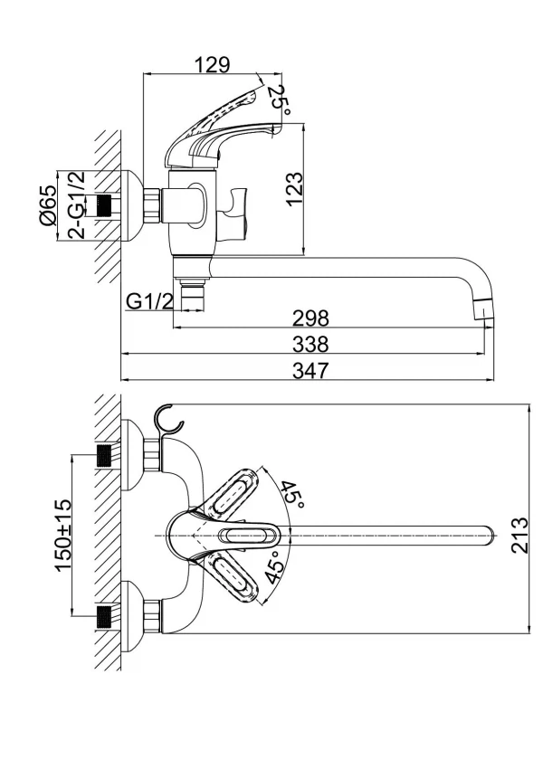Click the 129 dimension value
(213, 64)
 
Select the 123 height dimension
(294, 189)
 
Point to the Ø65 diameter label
(48, 205)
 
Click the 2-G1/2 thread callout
(76, 205)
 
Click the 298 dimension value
(310, 318)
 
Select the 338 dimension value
(310, 345)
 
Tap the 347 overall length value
(310, 370)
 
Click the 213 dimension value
(519, 535)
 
